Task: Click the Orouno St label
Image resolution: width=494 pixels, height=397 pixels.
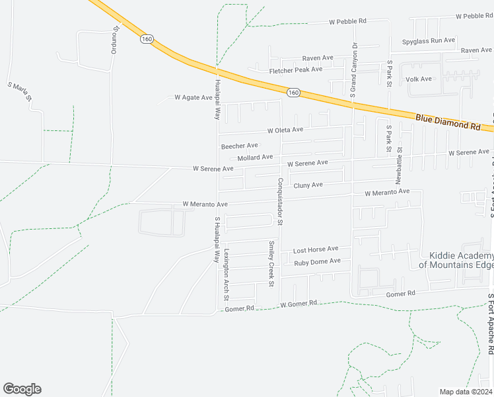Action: point(115,40)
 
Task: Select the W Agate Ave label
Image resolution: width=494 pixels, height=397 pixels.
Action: point(194,97)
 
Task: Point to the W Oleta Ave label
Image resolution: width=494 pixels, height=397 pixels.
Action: point(285,130)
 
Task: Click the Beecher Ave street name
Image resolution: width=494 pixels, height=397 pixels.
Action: point(239,146)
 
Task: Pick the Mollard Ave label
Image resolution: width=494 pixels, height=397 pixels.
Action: point(255,157)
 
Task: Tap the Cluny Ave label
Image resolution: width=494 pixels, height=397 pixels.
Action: point(308,185)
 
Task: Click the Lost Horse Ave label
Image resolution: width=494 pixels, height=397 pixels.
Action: point(316,249)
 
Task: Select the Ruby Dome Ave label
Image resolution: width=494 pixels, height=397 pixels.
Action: point(318,261)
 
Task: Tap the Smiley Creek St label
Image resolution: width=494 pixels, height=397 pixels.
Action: point(271,264)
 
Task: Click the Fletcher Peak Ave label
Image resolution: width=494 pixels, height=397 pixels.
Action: point(295,69)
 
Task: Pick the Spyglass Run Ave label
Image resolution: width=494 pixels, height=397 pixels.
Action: point(429,40)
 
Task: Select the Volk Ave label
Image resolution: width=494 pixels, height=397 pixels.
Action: point(419,79)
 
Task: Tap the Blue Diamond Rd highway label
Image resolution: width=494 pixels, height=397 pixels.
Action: point(447,122)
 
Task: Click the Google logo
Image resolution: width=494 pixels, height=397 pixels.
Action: point(22,389)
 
